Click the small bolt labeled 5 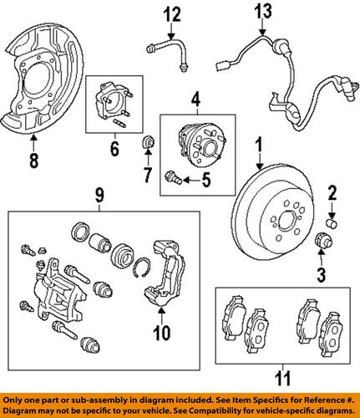click(174, 177)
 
